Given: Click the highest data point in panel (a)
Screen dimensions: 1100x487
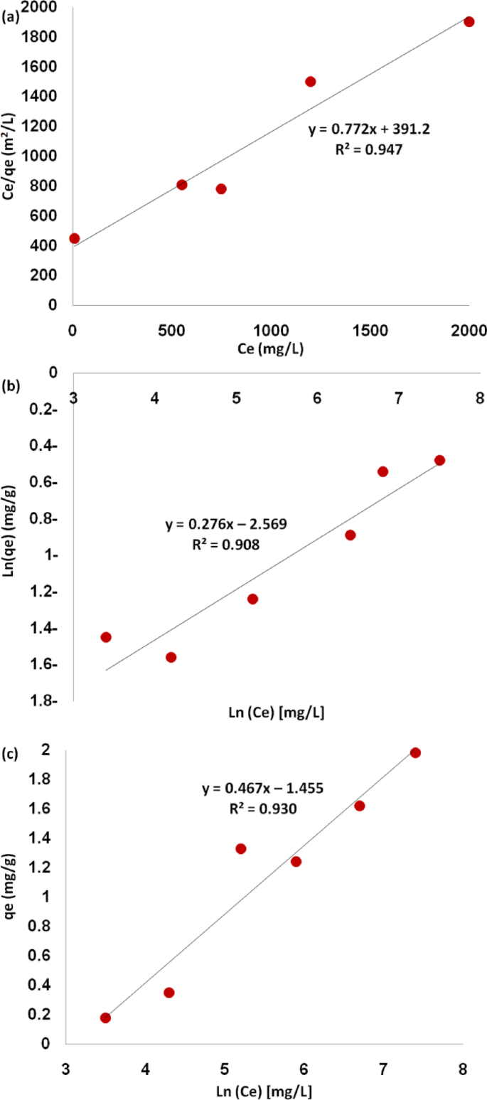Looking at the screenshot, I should coord(469,21).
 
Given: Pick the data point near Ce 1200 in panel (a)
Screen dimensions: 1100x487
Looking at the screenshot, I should coord(310,81).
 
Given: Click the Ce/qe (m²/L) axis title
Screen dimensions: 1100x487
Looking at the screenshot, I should coord(10,158).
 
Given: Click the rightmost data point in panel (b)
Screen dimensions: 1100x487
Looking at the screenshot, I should coord(439,460).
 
